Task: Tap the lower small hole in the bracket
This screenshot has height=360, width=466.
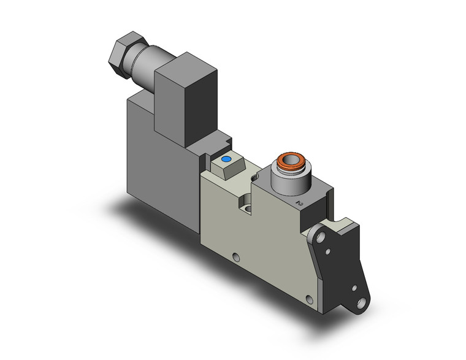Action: [x=354, y=287]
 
